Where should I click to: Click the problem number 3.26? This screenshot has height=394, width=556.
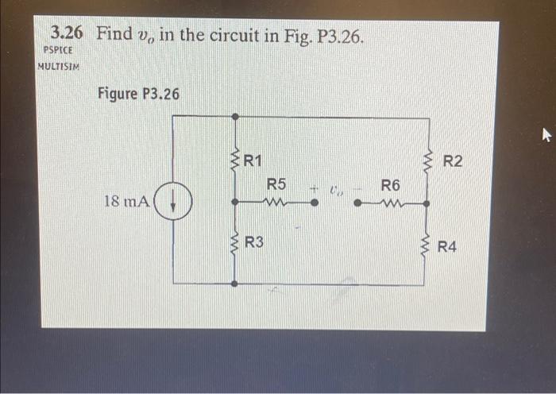69,33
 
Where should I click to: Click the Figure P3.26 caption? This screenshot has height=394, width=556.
138,94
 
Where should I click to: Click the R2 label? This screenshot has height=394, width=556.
453,162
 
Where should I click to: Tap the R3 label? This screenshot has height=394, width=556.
254,242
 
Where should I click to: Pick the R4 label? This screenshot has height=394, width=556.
447,247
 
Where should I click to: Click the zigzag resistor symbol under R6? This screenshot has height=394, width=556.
391,203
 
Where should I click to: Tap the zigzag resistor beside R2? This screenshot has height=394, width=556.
428,163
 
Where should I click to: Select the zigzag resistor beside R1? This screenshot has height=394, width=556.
234,162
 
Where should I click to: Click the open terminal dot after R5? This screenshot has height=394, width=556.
314,203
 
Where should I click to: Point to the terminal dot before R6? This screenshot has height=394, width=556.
357,203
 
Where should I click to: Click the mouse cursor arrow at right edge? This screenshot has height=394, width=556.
546,136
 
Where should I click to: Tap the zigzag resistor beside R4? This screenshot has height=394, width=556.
427,245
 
